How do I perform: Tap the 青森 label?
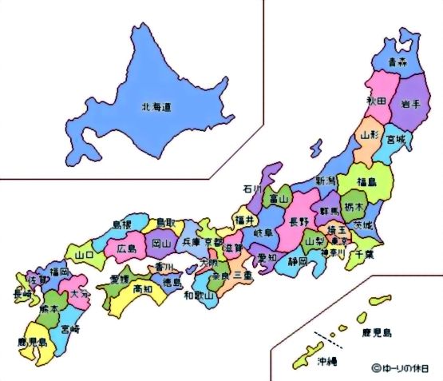[x=395, y=61]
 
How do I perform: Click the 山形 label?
[x=369, y=136]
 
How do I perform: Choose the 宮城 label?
[x=395, y=141]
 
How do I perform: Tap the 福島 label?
[x=367, y=181]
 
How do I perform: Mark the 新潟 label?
[x=326, y=181]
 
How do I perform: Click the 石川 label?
[x=253, y=189]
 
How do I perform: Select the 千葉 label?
[x=365, y=254]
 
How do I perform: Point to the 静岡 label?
[x=297, y=261]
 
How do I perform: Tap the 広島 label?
[x=127, y=248]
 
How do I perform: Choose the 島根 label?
[x=121, y=225]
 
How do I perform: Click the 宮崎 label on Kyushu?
[x=70, y=327]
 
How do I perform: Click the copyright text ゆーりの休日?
[x=405, y=368]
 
